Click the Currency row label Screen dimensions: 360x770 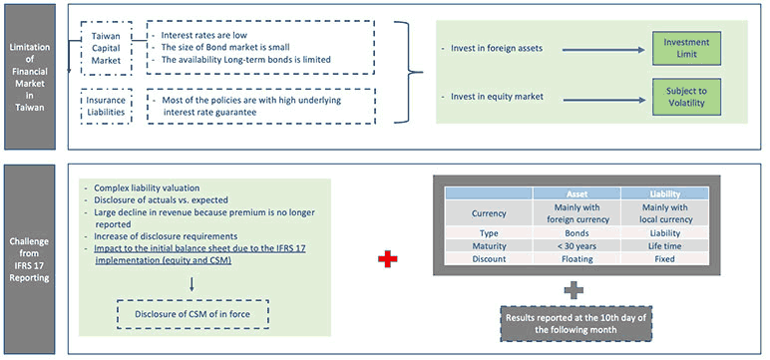coord(489,212)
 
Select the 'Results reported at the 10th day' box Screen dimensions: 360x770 coord(565,322)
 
